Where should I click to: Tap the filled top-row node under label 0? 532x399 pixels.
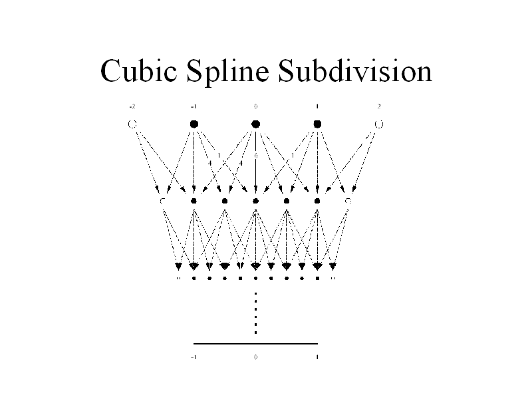click(255, 124)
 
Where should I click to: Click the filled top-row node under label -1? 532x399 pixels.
click(194, 124)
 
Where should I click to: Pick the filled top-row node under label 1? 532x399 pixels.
click(317, 124)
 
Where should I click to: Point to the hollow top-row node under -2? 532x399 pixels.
click(132, 124)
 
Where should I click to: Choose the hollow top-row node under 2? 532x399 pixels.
click(379, 124)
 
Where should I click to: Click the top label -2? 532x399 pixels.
click(132, 106)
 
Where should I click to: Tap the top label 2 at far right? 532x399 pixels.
click(379, 106)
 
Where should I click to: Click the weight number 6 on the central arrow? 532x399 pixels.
click(255, 156)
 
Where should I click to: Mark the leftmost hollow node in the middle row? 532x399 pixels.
click(163, 200)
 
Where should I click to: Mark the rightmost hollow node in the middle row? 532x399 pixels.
click(348, 200)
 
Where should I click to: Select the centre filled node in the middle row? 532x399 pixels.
click(255, 200)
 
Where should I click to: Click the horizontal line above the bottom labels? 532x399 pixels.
click(255, 343)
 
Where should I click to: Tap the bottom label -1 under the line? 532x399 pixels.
click(193, 357)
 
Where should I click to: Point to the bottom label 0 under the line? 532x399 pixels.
click(255, 357)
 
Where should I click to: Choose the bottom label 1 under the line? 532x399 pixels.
click(317, 357)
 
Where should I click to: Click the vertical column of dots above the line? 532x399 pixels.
click(255, 313)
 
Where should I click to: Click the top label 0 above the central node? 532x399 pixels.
click(255, 106)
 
